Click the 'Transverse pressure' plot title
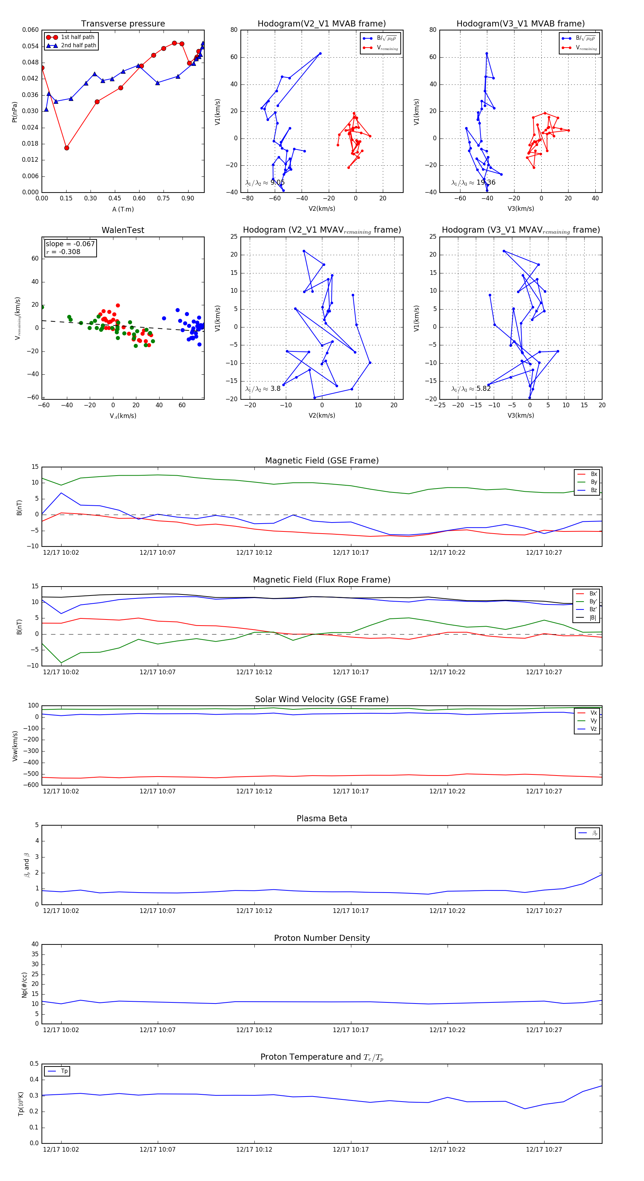click(x=123, y=24)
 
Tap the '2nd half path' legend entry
click(x=78, y=45)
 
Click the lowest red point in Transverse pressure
click(x=67, y=148)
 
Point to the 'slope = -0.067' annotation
click(x=70, y=244)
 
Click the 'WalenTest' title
click(x=123, y=230)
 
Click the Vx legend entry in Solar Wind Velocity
click(x=594, y=713)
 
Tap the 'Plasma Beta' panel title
click(x=322, y=819)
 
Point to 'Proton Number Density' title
click(x=322, y=938)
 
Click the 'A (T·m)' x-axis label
click(x=123, y=209)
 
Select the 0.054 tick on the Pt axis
click(x=30, y=46)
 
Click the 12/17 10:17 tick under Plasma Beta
click(x=351, y=911)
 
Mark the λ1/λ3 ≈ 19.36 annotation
click(x=473, y=183)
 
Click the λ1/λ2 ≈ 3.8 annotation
click(x=263, y=389)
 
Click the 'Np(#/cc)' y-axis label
click(x=24, y=985)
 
